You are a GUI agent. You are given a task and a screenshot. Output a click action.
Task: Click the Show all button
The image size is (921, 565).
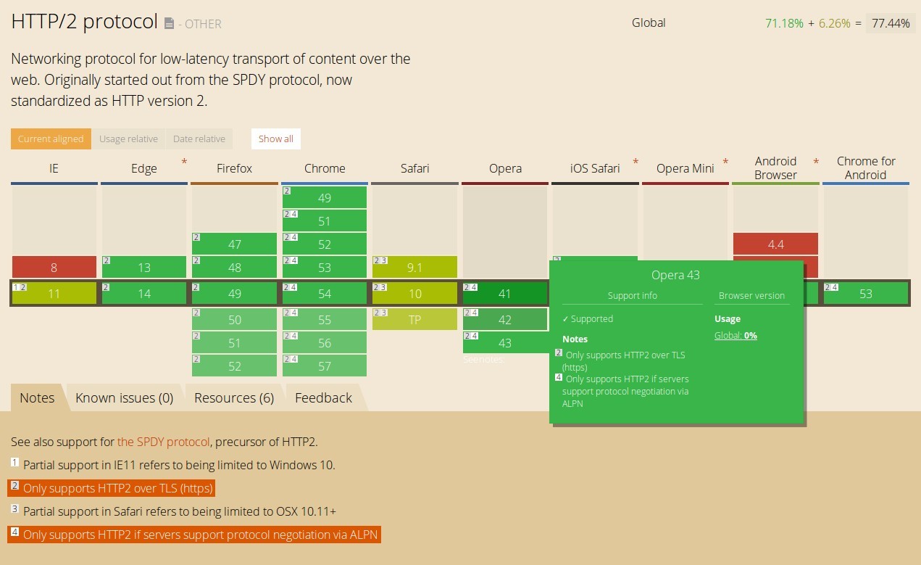276,139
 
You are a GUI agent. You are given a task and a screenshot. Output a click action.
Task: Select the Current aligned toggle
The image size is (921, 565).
51,139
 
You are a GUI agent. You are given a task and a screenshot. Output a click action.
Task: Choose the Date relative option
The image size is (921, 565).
199,139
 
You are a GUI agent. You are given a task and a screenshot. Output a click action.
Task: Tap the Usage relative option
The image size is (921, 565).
128,139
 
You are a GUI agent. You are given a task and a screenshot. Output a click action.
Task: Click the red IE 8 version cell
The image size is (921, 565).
54,267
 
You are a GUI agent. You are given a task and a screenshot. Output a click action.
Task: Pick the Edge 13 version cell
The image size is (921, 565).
144,267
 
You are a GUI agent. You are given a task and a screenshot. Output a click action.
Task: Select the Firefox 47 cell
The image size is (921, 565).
234,244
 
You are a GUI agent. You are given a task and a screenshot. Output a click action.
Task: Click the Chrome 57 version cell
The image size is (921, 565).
325,366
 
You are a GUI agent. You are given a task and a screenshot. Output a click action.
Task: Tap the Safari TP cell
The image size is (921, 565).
414,319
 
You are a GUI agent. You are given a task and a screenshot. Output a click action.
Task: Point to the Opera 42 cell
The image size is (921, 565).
505,319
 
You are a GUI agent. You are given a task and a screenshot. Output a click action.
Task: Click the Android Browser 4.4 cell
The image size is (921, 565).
775,244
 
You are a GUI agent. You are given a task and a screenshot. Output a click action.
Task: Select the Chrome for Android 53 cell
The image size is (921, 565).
865,293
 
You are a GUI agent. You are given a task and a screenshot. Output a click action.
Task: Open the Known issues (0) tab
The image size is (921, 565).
125,397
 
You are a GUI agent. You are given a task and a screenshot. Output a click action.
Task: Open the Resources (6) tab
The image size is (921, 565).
234,397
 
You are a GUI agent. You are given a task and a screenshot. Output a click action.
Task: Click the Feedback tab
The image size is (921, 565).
323,397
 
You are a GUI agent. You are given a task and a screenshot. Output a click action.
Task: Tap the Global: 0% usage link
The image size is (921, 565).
735,335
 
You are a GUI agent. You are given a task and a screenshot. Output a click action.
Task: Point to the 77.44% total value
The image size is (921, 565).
891,23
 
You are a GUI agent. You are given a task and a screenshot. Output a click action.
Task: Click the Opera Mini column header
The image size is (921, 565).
685,168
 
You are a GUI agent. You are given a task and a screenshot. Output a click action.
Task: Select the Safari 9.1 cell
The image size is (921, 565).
414,267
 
